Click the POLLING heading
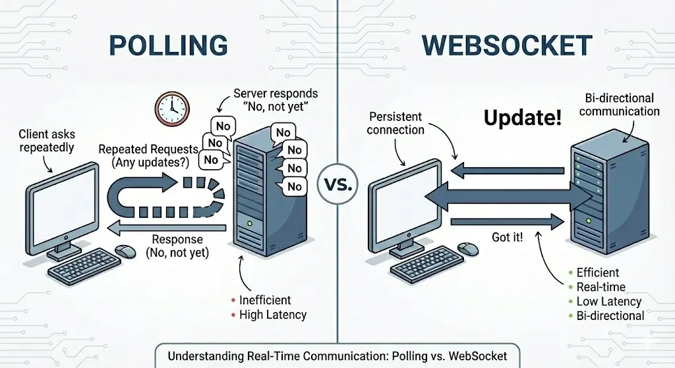(167, 45)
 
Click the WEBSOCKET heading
(506, 45)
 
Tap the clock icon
(171, 107)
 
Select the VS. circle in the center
(338, 184)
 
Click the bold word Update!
(523, 118)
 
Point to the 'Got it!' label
(507, 237)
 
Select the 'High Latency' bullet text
(273, 315)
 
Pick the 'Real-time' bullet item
(601, 287)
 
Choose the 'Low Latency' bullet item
(608, 302)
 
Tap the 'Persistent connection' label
(396, 123)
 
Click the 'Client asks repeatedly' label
(47, 141)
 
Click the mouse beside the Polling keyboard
(124, 251)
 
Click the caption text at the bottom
(337, 356)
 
